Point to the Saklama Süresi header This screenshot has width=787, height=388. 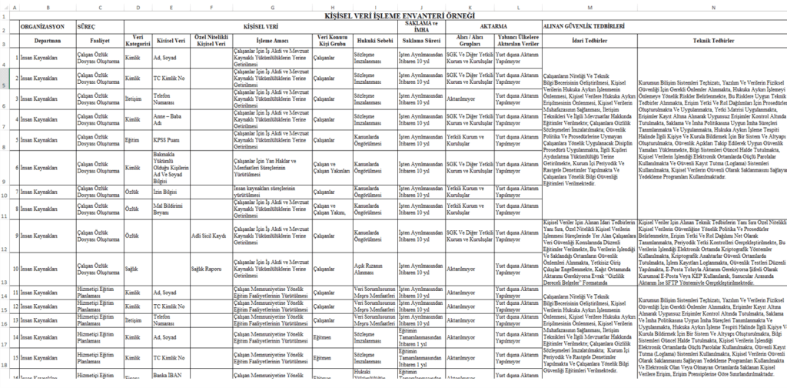(x=419, y=40)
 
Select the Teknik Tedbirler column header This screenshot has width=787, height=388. (x=712, y=40)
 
